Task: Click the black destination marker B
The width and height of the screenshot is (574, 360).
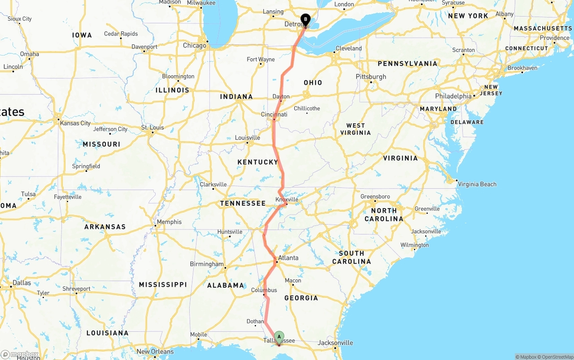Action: point(305,20)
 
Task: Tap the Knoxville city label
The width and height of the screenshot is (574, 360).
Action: point(287,200)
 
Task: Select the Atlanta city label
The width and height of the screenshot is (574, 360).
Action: point(288,258)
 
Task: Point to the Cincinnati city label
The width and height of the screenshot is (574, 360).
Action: point(274,114)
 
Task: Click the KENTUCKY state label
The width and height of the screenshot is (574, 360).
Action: point(258,162)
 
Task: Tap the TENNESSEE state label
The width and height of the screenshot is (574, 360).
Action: point(243,203)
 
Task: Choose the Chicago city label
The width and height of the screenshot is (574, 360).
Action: point(195,45)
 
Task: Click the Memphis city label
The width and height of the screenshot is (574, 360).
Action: point(170,221)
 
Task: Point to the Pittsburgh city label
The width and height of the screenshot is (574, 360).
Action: point(371,77)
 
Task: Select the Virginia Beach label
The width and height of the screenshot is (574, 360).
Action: point(477,184)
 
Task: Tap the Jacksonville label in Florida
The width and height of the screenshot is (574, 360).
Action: point(335,343)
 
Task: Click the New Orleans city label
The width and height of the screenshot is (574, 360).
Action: point(156,351)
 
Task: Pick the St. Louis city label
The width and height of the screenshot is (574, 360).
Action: point(153,127)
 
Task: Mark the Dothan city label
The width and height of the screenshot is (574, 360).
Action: point(255,321)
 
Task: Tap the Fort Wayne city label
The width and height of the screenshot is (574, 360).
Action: point(261,59)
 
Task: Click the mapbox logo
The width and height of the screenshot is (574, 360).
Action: point(20,354)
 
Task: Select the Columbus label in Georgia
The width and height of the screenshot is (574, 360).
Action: point(264,290)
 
